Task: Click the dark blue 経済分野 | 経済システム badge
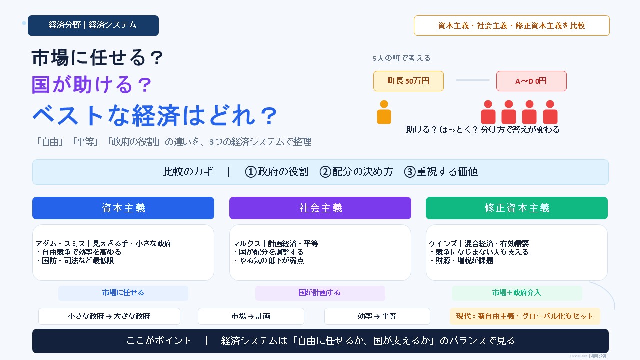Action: pos(93,25)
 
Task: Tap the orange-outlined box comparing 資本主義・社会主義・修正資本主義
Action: pos(511,25)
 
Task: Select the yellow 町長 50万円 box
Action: pos(408,81)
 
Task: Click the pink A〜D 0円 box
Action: pos(531,81)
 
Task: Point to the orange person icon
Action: pos(384,112)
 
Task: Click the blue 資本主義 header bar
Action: pos(123,208)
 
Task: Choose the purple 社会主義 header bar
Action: pos(320,208)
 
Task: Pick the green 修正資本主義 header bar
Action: pos(517,208)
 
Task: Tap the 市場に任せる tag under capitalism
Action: pos(123,293)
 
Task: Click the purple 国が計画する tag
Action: pos(320,293)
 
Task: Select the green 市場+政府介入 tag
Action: pos(517,293)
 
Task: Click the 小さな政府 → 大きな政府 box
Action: pos(109,316)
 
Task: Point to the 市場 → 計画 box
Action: pos(251,316)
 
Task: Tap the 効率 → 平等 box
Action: pos(377,316)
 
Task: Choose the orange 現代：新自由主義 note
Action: pos(525,316)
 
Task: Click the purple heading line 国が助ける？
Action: pos(92,85)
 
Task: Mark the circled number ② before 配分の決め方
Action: pos(325,172)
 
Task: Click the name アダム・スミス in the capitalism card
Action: pos(60,244)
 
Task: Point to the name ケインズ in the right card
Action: pos(443,244)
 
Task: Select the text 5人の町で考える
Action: pos(401,58)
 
